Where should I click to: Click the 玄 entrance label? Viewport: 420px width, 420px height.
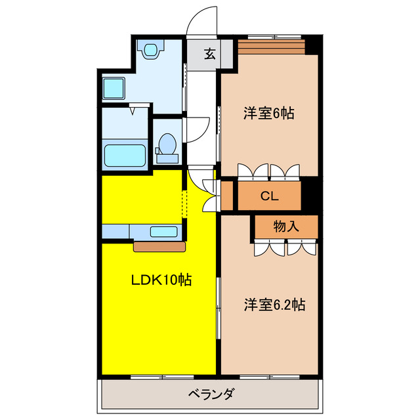(x=209, y=54)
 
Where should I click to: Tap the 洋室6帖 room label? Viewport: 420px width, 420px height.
(x=268, y=113)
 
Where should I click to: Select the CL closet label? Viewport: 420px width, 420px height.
(x=269, y=195)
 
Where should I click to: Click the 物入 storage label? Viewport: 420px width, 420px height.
(x=286, y=227)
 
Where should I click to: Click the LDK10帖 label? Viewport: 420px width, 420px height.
(x=161, y=280)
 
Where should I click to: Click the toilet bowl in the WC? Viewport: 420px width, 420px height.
(x=167, y=145)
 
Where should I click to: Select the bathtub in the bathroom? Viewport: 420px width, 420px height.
(x=126, y=155)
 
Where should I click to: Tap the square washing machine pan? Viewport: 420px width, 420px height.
(x=115, y=88)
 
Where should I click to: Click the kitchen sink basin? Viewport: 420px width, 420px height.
(x=163, y=232)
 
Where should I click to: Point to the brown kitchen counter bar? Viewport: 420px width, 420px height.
(x=160, y=247)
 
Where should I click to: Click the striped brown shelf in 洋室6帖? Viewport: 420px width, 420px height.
(x=272, y=47)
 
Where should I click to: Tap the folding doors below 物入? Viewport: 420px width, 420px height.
(x=285, y=248)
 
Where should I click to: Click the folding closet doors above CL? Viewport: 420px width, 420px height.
(x=269, y=171)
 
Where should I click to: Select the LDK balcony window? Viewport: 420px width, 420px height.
(x=161, y=377)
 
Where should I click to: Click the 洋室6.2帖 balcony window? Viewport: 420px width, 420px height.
(x=269, y=377)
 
